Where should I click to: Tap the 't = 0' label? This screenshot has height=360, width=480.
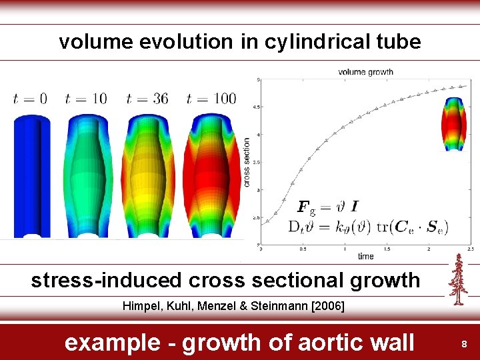pos(30,99)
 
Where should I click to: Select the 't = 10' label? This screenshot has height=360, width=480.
pos(86,99)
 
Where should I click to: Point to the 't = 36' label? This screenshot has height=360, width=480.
pos(147,99)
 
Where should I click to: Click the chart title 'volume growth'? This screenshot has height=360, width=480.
pos(365,72)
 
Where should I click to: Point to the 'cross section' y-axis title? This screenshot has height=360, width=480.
pos(247,162)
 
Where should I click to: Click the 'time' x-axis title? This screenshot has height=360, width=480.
pos(365,256)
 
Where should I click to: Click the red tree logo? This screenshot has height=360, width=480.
pos(457,280)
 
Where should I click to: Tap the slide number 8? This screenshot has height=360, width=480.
pos(465,344)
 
